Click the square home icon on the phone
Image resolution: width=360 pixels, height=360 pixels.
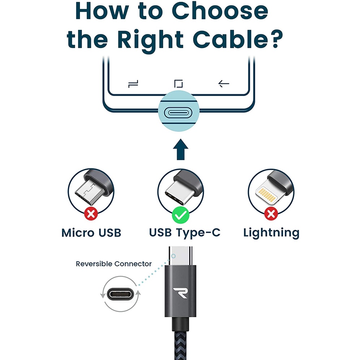pos(178,84)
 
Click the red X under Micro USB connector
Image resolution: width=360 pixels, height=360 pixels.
pos(91,214)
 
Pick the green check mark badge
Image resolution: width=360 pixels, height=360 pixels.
pos(180,215)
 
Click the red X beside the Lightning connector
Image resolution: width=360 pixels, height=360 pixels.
pos(271,214)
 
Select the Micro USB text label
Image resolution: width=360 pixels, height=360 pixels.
pos(91,233)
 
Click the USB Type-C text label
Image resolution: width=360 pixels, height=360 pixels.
pos(184,233)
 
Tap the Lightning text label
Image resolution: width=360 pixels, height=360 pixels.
pos(271,233)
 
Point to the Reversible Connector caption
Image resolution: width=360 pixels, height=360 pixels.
pos(113,264)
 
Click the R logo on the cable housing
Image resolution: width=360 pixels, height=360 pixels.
pos(180,292)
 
